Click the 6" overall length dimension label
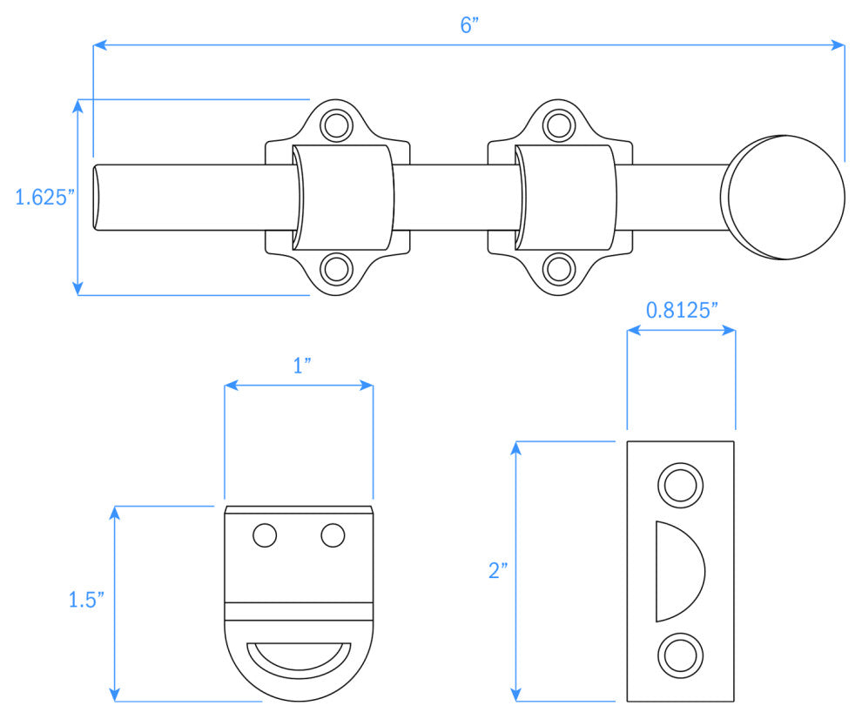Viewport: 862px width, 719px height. point(470,25)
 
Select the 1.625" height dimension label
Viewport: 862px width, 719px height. point(41,197)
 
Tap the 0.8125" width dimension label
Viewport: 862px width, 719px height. point(681,309)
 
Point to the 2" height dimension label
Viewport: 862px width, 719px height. point(498,571)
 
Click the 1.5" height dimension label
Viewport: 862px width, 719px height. point(86,600)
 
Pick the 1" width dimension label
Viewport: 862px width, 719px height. point(301,366)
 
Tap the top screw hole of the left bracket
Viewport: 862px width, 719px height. point(333,126)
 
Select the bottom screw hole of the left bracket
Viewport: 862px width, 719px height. point(333,268)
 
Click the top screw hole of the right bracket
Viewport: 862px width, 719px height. point(557,126)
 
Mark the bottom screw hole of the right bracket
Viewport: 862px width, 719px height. point(557,268)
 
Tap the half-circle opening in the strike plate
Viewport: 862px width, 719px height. point(676,571)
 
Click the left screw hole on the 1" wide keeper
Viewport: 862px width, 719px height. point(265,535)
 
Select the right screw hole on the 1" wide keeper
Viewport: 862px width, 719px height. point(333,535)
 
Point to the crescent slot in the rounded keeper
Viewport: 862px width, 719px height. point(299,656)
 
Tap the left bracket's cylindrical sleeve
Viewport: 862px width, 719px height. point(342,197)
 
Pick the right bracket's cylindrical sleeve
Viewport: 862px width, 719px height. point(566,197)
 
